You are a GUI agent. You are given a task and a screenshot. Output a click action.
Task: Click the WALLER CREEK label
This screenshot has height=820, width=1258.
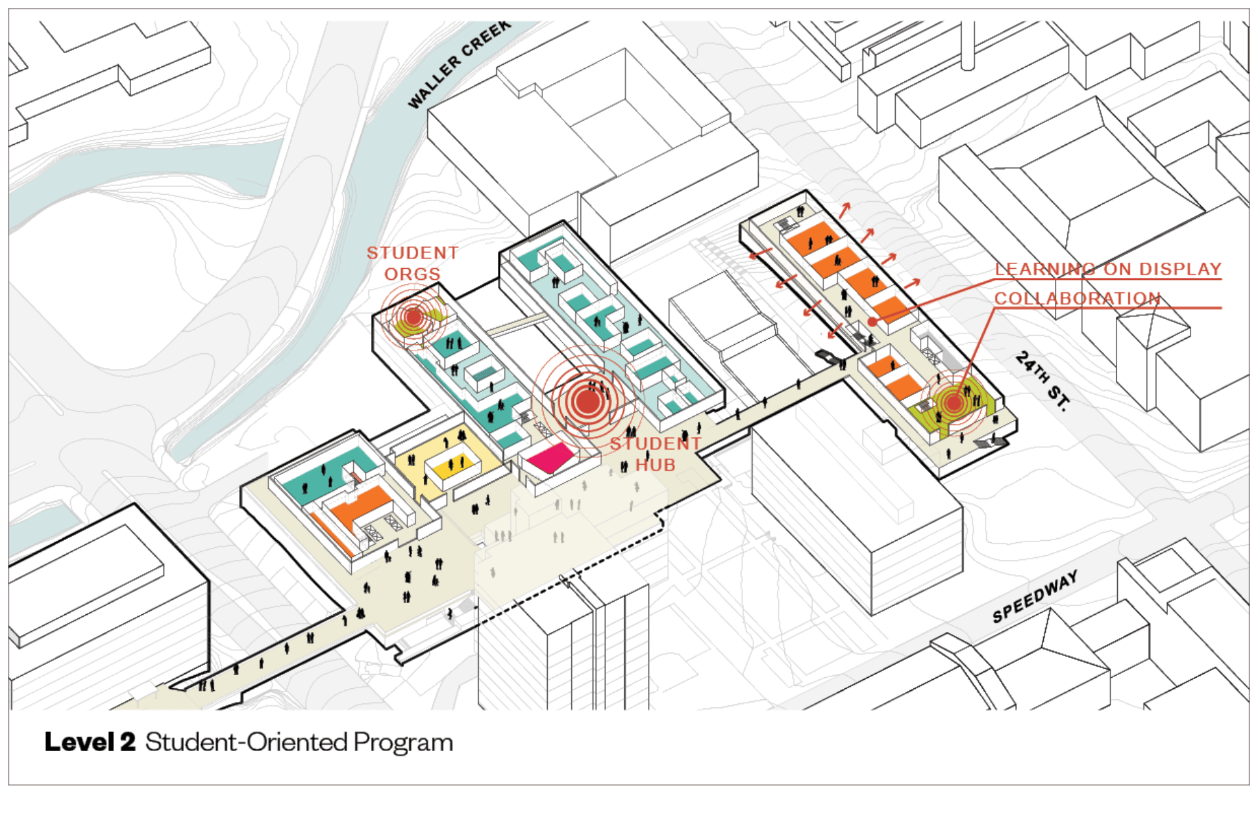[x=459, y=64]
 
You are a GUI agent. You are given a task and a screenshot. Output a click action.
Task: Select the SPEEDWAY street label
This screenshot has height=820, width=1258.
[x=1035, y=596]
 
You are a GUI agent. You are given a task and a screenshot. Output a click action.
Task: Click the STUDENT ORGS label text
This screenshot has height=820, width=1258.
[x=412, y=263]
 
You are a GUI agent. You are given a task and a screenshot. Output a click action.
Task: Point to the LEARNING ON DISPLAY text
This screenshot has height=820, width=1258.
[x=1108, y=269]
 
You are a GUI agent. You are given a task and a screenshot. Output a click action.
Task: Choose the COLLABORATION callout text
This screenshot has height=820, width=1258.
[x=1077, y=298]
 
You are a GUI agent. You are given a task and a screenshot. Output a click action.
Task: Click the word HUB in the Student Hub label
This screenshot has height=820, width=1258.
[x=655, y=465]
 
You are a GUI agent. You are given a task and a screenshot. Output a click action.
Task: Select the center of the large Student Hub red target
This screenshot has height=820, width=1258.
[x=588, y=401]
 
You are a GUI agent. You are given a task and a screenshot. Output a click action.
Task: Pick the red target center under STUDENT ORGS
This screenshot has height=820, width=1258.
[x=413, y=317]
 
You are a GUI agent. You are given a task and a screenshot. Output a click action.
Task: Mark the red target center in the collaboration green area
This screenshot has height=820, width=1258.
[x=954, y=403]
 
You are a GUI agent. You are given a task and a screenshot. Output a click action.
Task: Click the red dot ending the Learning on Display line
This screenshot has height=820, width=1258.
[x=873, y=321]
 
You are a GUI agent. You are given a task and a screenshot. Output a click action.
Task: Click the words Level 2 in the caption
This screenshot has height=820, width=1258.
[x=90, y=742]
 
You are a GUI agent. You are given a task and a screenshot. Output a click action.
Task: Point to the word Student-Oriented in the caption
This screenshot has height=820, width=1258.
[x=246, y=742]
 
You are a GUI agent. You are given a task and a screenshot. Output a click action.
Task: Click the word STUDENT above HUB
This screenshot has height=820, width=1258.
[x=655, y=444]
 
